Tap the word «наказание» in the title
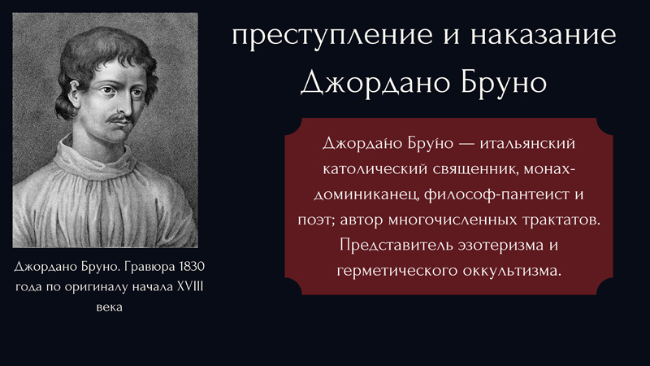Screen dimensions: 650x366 tap(544, 35)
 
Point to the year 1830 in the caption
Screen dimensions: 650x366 tap(192, 267)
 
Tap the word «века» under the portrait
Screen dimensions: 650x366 tap(109, 307)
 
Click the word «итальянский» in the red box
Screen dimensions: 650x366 tap(527, 144)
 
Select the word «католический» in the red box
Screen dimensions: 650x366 tap(375, 169)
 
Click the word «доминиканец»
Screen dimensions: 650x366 tap(366, 195)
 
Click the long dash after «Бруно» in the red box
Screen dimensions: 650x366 tap(466, 144)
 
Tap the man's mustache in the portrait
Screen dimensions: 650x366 tap(119, 119)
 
